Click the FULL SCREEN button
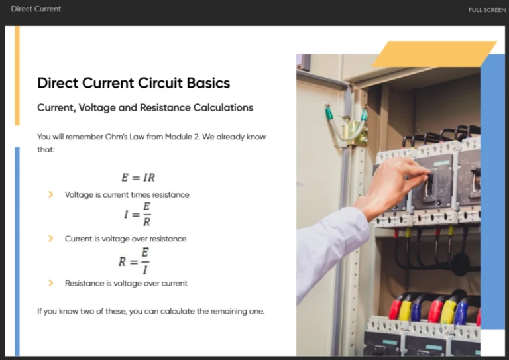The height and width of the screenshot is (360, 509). [486, 10]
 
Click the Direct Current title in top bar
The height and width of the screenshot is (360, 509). [36, 9]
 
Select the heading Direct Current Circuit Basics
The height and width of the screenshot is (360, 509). [133, 83]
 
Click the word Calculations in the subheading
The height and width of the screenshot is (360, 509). [223, 107]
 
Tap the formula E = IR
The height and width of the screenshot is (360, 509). [138, 178]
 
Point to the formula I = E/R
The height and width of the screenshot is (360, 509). [137, 214]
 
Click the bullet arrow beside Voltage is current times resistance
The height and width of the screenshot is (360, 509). [50, 195]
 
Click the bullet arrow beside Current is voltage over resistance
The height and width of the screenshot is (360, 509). [50, 239]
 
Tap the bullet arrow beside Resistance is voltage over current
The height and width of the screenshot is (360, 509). [50, 283]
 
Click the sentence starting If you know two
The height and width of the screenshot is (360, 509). [150, 311]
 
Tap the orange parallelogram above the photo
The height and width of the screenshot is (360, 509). [434, 54]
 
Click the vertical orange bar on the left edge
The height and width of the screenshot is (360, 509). [17, 75]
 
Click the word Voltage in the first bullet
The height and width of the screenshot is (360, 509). [79, 195]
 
